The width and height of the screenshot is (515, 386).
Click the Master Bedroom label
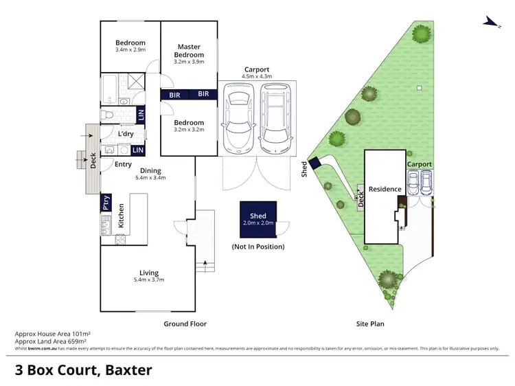point(189,51)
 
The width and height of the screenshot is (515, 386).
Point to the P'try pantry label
point(106,203)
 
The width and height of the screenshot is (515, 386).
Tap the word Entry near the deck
point(124,164)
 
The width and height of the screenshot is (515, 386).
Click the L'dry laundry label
point(126,133)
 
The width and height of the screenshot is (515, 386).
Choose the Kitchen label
point(120,215)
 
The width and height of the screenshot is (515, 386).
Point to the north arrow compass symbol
point(490,22)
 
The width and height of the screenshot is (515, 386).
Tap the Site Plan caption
point(372,323)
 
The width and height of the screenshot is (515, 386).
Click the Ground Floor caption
point(185,323)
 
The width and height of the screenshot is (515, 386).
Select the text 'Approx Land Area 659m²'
point(51,341)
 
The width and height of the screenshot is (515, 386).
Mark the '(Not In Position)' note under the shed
point(258,246)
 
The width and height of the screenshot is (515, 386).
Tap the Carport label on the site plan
point(419,165)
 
